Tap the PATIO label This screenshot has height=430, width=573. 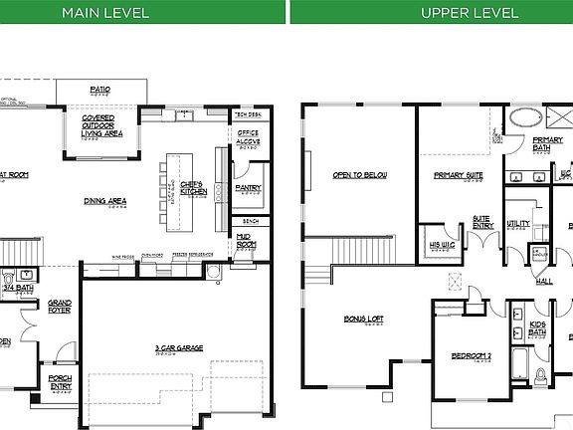(x=100, y=90)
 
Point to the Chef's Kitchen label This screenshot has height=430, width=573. (x=191, y=186)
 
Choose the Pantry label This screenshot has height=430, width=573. (x=248, y=187)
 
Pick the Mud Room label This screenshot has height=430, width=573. (x=246, y=241)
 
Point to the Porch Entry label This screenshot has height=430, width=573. (x=59, y=379)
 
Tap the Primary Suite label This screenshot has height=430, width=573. (x=458, y=175)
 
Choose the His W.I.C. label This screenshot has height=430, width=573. (x=442, y=244)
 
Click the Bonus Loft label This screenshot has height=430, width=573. (x=364, y=320)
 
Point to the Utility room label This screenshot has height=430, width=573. (x=517, y=224)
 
